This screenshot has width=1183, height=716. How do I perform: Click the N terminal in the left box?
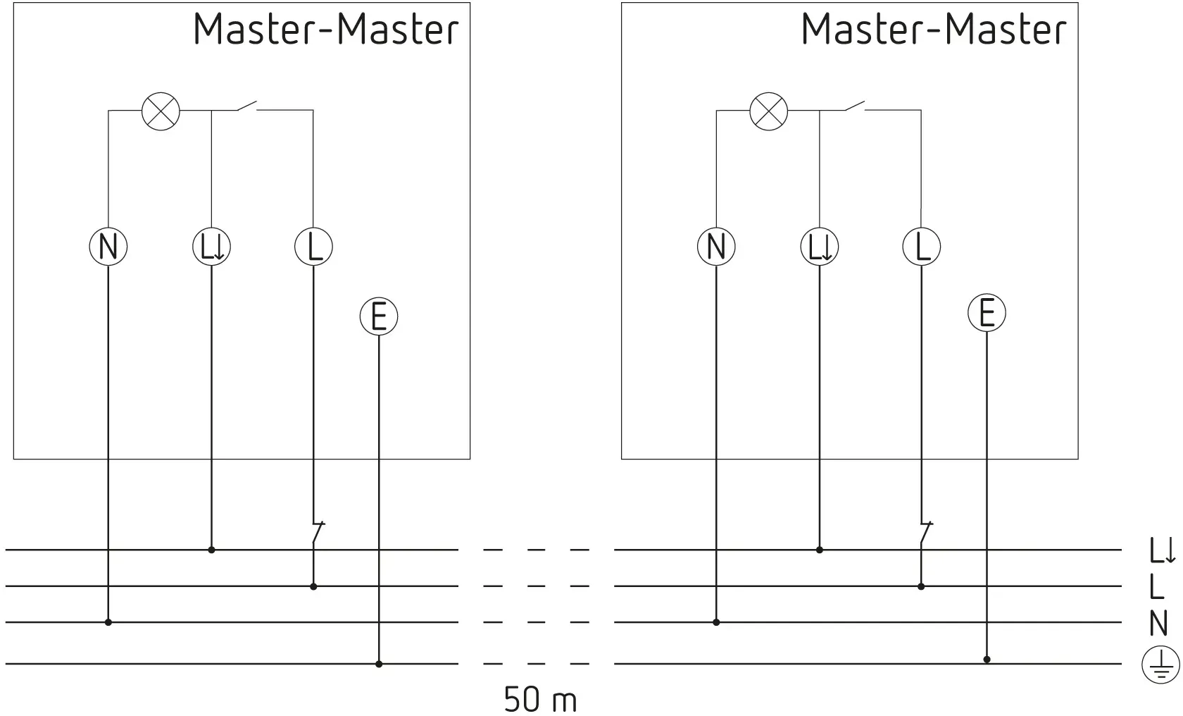(108, 246)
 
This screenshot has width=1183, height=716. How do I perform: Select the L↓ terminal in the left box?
(211, 246)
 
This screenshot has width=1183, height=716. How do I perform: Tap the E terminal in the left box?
(379, 316)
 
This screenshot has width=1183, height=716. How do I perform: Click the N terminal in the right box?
(716, 246)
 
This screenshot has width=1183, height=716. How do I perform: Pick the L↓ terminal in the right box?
(819, 246)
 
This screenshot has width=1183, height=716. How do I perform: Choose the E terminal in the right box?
(987, 313)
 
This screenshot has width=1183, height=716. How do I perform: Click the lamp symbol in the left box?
(161, 111)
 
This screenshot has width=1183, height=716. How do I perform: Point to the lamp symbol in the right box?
(769, 111)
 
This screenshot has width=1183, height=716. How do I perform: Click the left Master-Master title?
(326, 28)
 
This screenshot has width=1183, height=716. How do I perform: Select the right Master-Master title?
(934, 28)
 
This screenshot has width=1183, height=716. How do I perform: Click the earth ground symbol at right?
(1160, 665)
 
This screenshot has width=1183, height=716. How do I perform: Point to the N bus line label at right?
(1158, 623)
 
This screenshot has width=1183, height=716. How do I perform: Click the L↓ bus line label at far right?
(1162, 550)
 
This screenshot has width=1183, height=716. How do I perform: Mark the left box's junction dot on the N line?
(108, 622)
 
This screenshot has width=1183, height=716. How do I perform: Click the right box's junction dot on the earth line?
(987, 660)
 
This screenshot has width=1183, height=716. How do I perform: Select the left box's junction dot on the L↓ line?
(211, 550)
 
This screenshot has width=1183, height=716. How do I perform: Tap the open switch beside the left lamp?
(247, 106)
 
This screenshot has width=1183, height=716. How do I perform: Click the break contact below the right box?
(926, 533)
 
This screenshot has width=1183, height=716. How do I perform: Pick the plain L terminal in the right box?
(922, 246)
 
